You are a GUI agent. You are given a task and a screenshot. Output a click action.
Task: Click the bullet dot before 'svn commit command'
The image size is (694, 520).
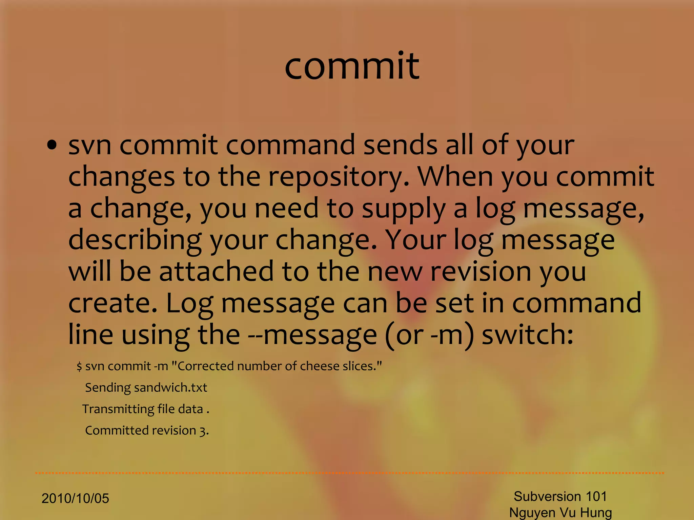(52, 146)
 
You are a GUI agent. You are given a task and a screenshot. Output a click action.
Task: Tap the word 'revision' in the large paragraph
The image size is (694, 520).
(480, 272)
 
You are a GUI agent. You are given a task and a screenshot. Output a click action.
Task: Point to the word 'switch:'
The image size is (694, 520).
(528, 334)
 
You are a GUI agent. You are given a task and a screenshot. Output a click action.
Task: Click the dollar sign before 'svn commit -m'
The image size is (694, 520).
(79, 366)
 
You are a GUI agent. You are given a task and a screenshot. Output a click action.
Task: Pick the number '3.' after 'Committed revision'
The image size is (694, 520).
(204, 431)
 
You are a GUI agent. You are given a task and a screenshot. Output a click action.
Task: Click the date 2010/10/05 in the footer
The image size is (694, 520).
(75, 498)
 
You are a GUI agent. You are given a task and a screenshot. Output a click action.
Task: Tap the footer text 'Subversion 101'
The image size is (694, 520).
(560, 496)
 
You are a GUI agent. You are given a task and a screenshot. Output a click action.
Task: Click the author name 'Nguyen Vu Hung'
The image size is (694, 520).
(560, 513)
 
